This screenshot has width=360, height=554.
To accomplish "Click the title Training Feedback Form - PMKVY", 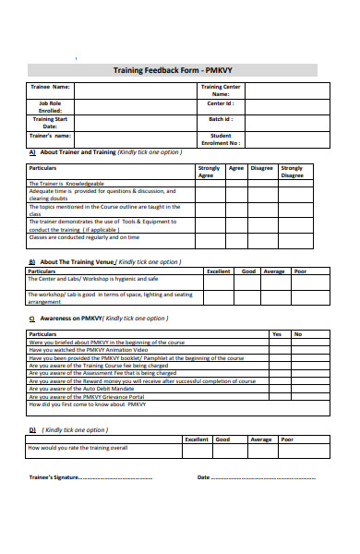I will (x=173, y=69).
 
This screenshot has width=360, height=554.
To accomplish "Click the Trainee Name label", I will (x=50, y=87).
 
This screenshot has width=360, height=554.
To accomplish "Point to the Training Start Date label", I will (x=50, y=123).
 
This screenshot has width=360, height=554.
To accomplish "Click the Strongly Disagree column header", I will (x=291, y=172).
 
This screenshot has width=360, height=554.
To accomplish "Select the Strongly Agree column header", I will (x=209, y=172).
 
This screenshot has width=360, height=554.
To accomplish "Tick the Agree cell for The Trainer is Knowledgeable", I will (x=235, y=184).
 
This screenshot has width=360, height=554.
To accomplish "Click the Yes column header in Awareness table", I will (x=276, y=333).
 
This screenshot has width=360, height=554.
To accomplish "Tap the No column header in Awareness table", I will (x=298, y=333).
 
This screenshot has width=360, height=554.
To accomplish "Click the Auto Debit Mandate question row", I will (x=82, y=388).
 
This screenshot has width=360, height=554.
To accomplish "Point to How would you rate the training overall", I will (x=78, y=448).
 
